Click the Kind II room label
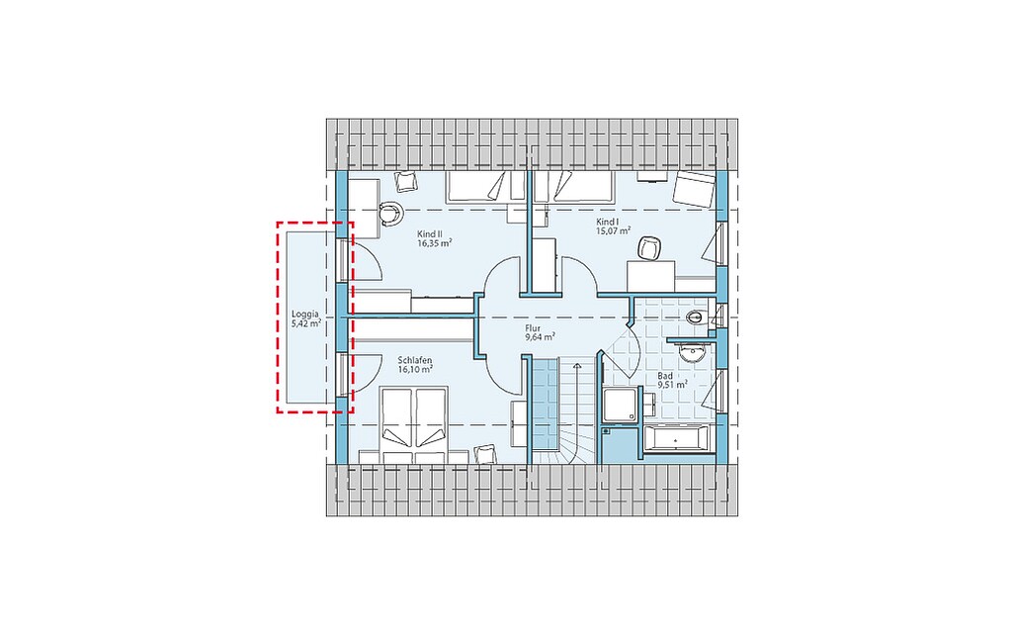pyautogui.click(x=430, y=233)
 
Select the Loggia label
pyautogui.click(x=304, y=315)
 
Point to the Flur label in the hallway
pyautogui.click(x=533, y=328)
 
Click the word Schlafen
pyautogui.click(x=415, y=360)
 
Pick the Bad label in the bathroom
pyautogui.click(x=665, y=375)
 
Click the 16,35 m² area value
pyautogui.click(x=435, y=243)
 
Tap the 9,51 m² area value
pyautogui.click(x=672, y=385)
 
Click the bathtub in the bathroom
pyautogui.click(x=676, y=439)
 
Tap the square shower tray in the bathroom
pyautogui.click(x=619, y=405)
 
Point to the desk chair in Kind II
pyautogui.click(x=390, y=214)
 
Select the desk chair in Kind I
pyautogui.click(x=650, y=248)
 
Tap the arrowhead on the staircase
pyautogui.click(x=577, y=366)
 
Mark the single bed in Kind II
pyautogui.click(x=486, y=187)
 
